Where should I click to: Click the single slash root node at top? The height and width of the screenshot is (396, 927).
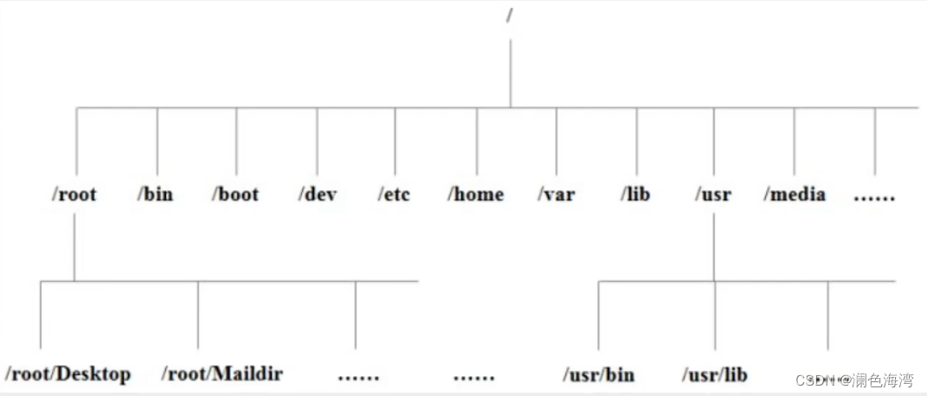pos(510,16)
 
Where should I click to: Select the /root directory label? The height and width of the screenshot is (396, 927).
pos(74,194)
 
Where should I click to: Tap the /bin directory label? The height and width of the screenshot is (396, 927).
pos(156,194)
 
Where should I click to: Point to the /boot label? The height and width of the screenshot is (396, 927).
pos(235,194)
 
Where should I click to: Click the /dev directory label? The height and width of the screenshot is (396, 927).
pos(317,194)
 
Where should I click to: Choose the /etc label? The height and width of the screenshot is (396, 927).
pos(395,194)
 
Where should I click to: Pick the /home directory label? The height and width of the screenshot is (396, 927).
pos(475,194)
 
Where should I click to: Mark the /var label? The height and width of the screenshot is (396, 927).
pos(556,194)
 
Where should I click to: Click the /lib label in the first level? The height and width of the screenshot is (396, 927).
pos(635,194)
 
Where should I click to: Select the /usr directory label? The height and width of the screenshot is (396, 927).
pos(713,194)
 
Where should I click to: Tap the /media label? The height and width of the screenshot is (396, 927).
pos(795,194)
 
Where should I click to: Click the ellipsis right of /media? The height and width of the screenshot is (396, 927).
pos(874,198)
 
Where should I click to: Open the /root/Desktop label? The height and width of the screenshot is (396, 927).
pos(68,374)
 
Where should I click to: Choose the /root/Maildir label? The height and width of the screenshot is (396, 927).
pos(222,374)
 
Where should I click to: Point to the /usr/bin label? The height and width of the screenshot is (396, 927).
pos(599,374)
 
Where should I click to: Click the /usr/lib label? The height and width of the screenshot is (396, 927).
pos(715,374)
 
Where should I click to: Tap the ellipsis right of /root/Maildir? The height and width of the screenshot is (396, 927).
pos(359,376)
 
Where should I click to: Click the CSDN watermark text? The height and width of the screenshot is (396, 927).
pos(854,379)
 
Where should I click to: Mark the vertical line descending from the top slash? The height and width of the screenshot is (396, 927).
pos(510,73)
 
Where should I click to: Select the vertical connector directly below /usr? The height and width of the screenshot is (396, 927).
pos(714,247)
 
